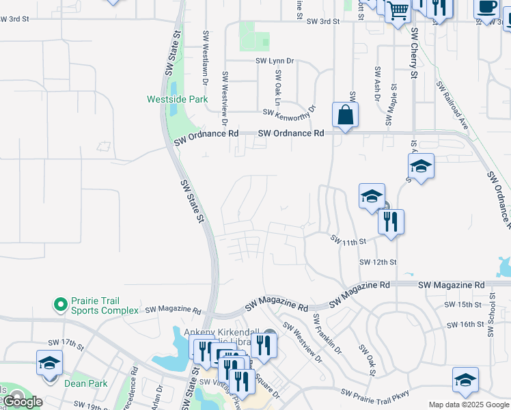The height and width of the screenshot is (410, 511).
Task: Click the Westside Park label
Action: click(177, 99)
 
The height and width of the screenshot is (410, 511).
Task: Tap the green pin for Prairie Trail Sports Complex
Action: click(60, 303)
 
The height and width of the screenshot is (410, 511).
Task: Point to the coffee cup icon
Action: click(487, 7)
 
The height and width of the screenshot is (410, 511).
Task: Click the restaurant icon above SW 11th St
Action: click(391, 221)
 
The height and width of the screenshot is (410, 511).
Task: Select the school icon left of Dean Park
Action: click(49, 362)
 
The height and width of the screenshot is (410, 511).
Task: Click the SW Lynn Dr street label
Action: click(275, 61)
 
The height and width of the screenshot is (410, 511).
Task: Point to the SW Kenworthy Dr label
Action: click(289, 112)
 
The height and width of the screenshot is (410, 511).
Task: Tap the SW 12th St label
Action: click(378, 262)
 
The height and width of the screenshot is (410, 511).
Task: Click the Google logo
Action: click(23, 402)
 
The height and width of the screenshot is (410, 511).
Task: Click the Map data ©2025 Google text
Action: click(469, 405)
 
